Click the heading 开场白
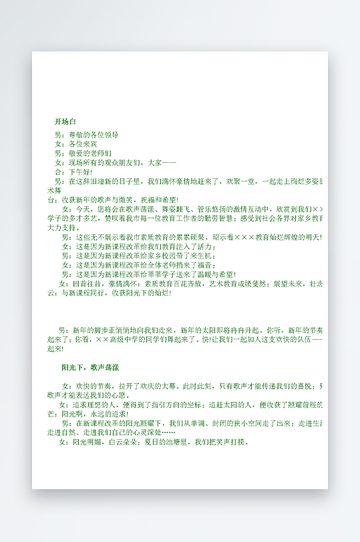[65, 121]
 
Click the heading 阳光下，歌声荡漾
[90, 368]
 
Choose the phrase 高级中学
[125, 339]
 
